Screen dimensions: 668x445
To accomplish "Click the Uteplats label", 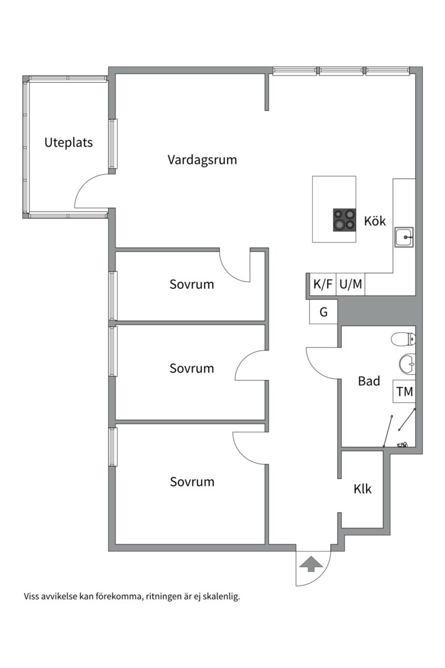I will pos(69,143).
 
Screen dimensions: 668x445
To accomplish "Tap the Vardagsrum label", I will pos(202,160).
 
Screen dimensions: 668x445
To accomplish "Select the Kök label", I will pos(375,221).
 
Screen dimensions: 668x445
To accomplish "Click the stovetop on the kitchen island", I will pos(345,220).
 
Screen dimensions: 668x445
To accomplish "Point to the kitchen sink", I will pos(404,236).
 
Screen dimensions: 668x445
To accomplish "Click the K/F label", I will pos(323,285).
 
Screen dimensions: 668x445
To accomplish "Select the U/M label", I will pos(350,285).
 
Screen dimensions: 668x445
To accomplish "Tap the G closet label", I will pos(323,312).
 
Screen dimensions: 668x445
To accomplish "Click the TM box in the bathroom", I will pos(405,392).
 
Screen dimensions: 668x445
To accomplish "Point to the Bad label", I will pos(369,381).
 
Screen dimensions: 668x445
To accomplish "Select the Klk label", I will pos(363,489).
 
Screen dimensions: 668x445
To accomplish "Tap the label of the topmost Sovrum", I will pos(192,285).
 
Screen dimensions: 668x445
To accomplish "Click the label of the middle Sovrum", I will pos(192,368).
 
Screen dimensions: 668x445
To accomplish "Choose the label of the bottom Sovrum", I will pos(192,481).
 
